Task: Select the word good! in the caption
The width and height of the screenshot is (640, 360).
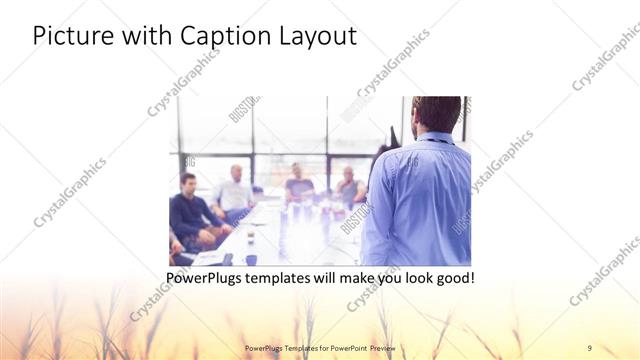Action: click(452, 277)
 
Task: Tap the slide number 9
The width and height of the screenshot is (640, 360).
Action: click(590, 347)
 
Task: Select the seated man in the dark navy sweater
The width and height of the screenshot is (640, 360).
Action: click(191, 211)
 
